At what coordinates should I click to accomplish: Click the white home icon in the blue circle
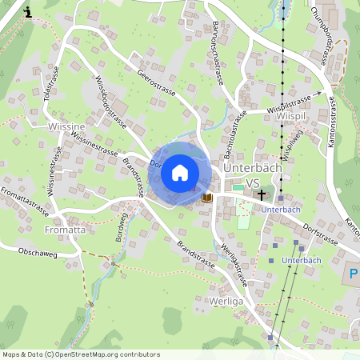tap(180, 172)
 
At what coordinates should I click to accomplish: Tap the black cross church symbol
tap(259, 194)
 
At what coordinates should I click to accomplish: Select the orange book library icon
tap(207, 197)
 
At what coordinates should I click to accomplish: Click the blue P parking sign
tap(354, 275)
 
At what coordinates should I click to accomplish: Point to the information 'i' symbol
tap(29, 12)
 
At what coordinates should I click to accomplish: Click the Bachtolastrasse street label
tap(234, 133)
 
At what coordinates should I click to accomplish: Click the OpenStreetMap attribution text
tap(82, 354)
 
